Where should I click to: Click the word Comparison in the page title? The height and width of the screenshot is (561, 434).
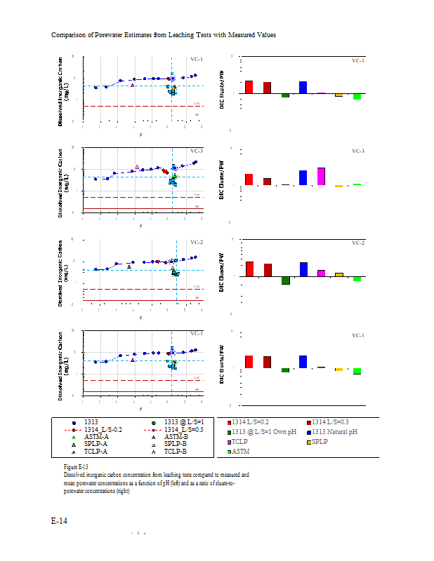(69, 34)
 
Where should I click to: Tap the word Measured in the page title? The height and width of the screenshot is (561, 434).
(232, 34)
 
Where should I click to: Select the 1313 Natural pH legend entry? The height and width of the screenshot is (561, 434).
(334, 432)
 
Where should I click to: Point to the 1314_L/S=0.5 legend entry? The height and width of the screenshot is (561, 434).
(183, 428)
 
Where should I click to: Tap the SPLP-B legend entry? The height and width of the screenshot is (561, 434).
(175, 444)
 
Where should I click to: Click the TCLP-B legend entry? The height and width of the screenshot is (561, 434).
(175, 452)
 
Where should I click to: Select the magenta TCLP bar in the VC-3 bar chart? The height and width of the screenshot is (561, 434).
(321, 176)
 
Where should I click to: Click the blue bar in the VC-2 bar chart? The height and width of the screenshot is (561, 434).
(303, 269)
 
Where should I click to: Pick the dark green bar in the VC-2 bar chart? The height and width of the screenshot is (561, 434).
(285, 280)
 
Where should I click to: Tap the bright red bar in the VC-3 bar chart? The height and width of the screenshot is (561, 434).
(249, 180)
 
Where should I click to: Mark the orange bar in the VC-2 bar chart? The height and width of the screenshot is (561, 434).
(339, 274)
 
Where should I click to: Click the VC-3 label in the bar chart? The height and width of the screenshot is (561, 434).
(358, 151)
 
